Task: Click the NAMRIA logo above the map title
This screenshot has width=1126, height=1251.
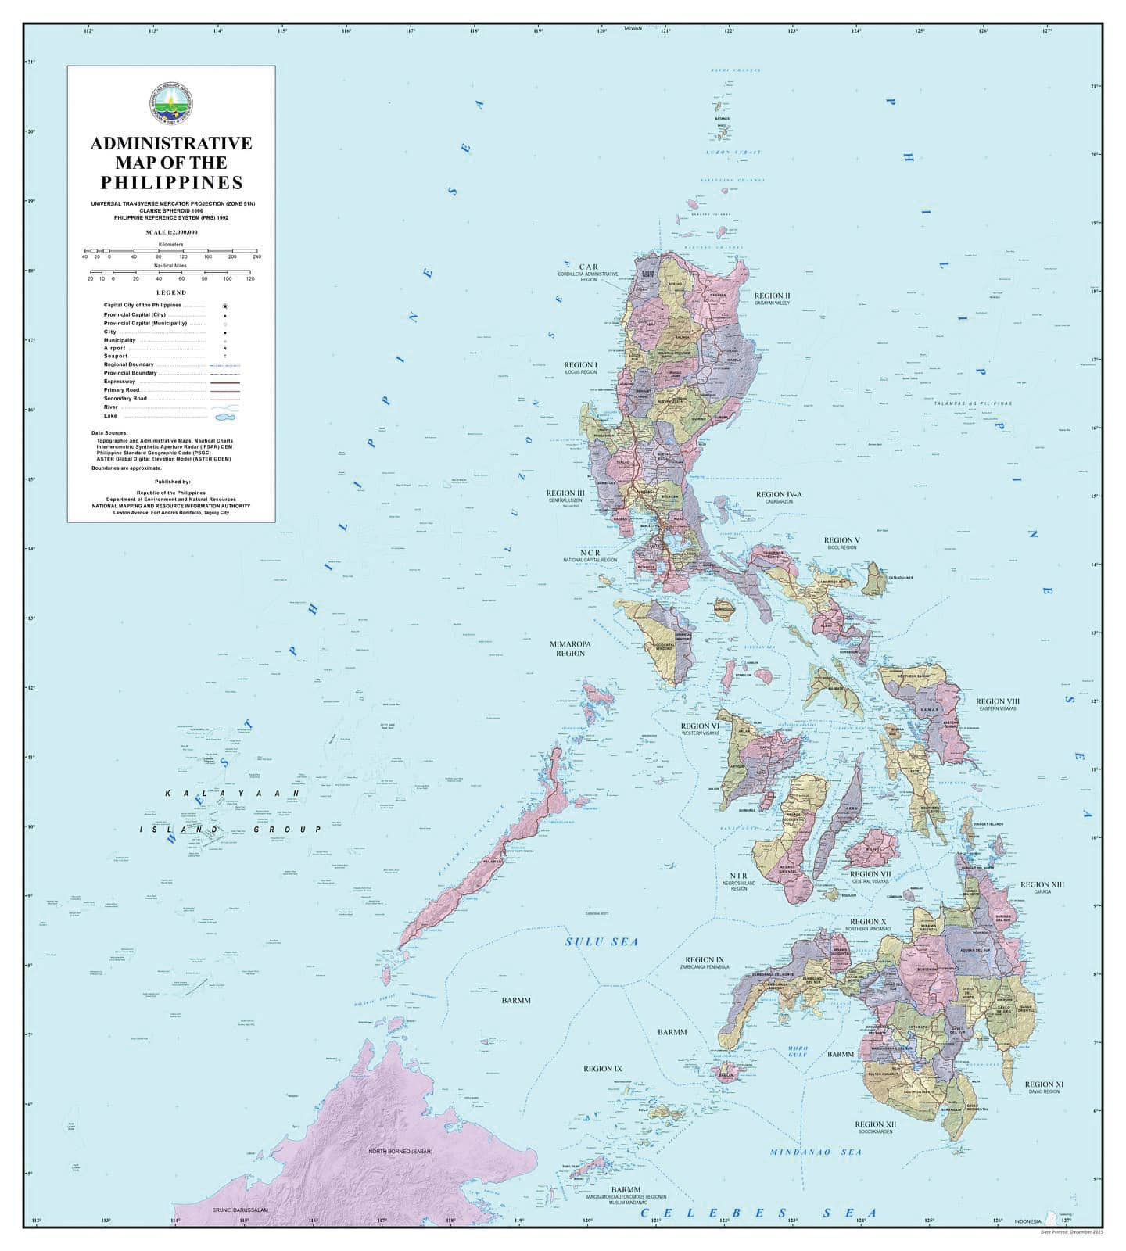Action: (170, 104)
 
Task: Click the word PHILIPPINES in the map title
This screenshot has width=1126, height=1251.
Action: (171, 183)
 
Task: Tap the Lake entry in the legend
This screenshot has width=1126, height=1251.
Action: (109, 416)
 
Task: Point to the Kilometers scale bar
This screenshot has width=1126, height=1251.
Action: (170, 251)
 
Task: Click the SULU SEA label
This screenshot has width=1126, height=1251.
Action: (601, 941)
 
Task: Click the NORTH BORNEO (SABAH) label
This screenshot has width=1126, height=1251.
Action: (400, 1152)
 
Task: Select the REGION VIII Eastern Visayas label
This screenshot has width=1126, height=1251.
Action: (997, 704)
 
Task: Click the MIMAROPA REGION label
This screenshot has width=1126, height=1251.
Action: (570, 648)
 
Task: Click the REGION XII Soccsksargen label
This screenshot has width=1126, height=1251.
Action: (876, 1127)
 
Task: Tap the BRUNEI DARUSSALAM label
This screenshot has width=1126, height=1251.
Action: (240, 1210)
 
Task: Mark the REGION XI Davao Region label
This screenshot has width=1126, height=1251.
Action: (1044, 1087)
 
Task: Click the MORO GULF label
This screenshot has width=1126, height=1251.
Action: (798, 1052)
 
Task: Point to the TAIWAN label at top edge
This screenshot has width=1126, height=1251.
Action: (633, 28)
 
